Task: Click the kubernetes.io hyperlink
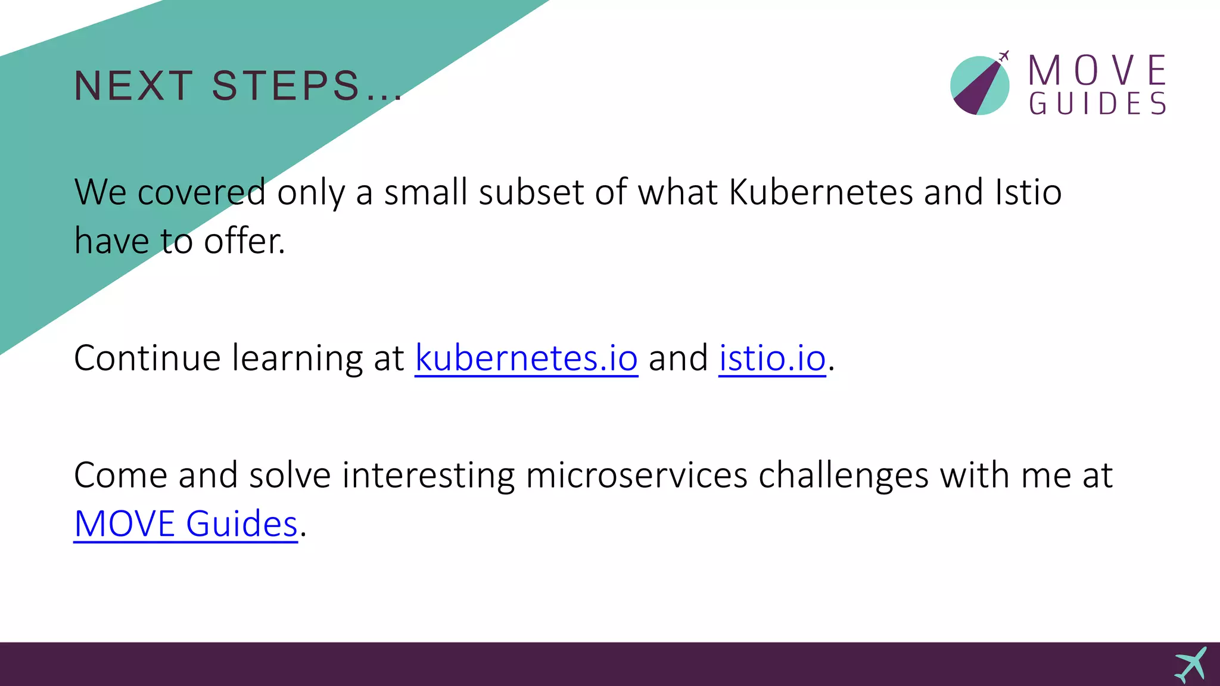point(526,358)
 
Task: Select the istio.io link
point(772,358)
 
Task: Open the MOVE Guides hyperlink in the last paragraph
point(185,524)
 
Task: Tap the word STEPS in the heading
point(286,86)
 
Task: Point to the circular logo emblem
point(979,86)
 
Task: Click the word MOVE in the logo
point(1097,70)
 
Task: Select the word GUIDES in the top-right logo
point(1097,104)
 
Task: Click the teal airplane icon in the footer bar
point(1191,665)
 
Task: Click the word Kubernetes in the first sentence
point(821,192)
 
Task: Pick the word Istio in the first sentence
point(1028,192)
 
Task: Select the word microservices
point(636,476)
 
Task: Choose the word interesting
point(428,476)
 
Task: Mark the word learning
point(297,358)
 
